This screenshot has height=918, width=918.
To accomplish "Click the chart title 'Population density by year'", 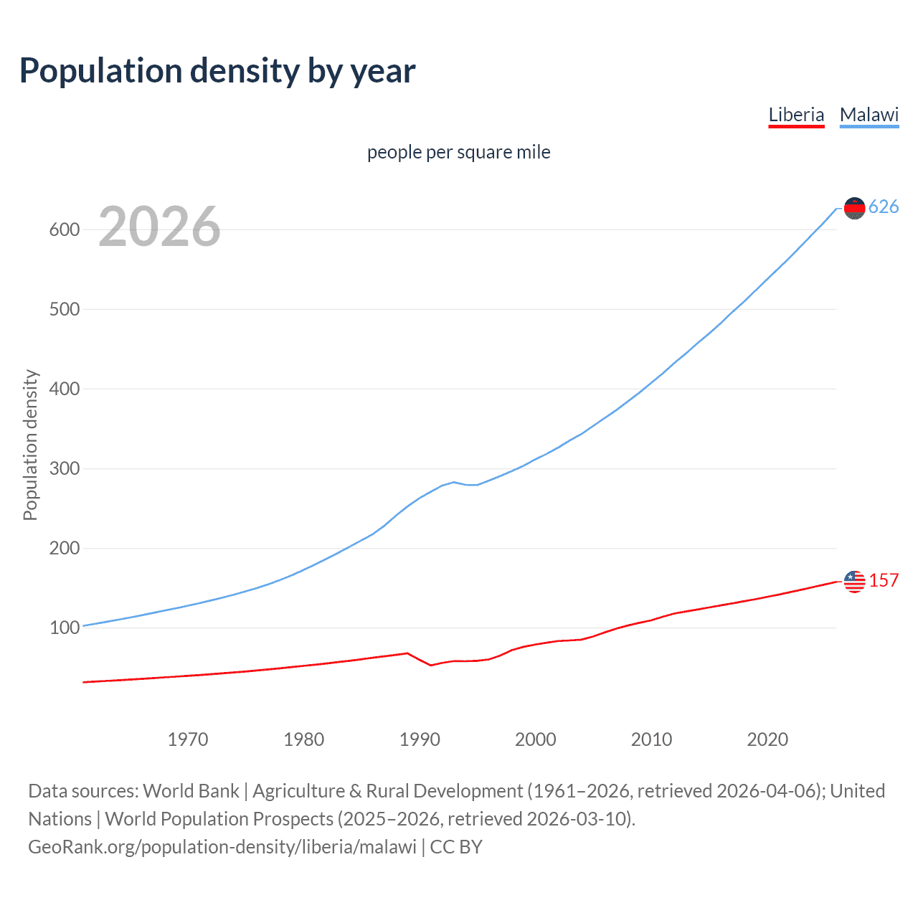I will tap(217, 71).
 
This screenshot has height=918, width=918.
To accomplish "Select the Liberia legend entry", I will tap(796, 115).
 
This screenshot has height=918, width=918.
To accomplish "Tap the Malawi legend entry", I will tap(869, 115).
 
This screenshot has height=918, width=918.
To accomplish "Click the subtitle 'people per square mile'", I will tap(458, 152).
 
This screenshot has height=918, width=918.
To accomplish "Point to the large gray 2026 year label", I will tap(159, 227).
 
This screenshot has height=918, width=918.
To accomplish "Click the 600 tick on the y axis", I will tap(64, 230).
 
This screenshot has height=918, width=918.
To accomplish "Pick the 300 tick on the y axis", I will tap(64, 469).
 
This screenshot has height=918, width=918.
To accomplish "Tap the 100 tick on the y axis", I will tap(64, 628).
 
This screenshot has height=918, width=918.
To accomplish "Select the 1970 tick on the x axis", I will tap(188, 739).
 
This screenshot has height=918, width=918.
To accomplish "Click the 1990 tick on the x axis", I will tap(420, 739).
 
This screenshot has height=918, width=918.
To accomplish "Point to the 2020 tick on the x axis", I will tap(767, 739).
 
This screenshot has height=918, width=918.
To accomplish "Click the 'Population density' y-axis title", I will tap(30, 445).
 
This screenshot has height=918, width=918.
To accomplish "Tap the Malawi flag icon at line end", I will tap(854, 208).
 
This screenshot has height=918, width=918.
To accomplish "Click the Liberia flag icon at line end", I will tap(854, 582).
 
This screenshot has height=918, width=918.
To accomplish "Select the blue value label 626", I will tap(884, 207).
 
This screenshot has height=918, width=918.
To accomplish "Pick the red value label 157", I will tap(884, 581).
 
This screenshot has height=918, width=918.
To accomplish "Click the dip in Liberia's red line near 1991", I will tap(431, 665).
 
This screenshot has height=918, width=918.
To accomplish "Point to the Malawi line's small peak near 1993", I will tap(454, 482).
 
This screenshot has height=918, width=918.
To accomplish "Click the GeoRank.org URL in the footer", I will tap(222, 847).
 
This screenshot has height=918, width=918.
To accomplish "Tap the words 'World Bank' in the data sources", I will tap(191, 791).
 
